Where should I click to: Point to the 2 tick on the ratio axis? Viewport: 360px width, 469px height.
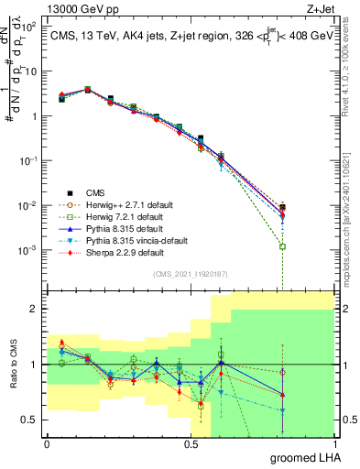point(34,309)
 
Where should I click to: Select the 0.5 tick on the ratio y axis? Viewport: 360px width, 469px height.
point(29,420)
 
